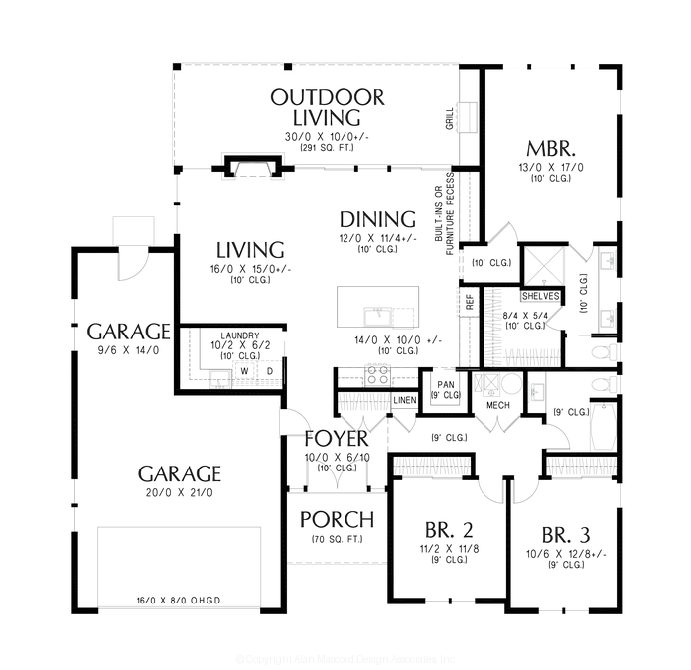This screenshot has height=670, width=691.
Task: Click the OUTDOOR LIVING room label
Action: [x=328, y=107]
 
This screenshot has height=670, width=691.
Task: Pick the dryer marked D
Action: [x=268, y=372]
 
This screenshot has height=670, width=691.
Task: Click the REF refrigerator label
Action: [x=469, y=301]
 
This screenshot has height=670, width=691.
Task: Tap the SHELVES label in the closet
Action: [x=540, y=296]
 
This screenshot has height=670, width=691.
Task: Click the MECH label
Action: [x=498, y=405]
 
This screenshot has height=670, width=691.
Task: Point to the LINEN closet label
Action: [x=405, y=400]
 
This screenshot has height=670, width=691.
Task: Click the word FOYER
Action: [x=337, y=439]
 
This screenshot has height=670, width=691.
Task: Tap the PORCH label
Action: [x=337, y=519]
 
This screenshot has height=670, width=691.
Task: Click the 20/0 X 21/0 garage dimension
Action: [x=179, y=492]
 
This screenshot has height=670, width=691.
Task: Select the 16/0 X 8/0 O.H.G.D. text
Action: [x=179, y=600]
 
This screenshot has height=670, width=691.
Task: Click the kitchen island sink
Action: [x=377, y=317]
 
